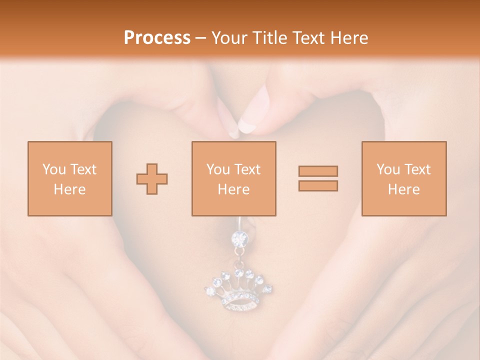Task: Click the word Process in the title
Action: (157, 37)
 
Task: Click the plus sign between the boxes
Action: (152, 179)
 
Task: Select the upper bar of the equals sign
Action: (318, 171)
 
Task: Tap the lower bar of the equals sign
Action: (318, 186)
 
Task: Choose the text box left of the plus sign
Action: (69, 178)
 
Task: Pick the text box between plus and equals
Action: (233, 178)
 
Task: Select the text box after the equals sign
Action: (403, 178)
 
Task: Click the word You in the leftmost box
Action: (53, 169)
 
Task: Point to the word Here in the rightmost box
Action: (403, 189)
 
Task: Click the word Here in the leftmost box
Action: (69, 189)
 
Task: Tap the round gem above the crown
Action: (238, 238)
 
